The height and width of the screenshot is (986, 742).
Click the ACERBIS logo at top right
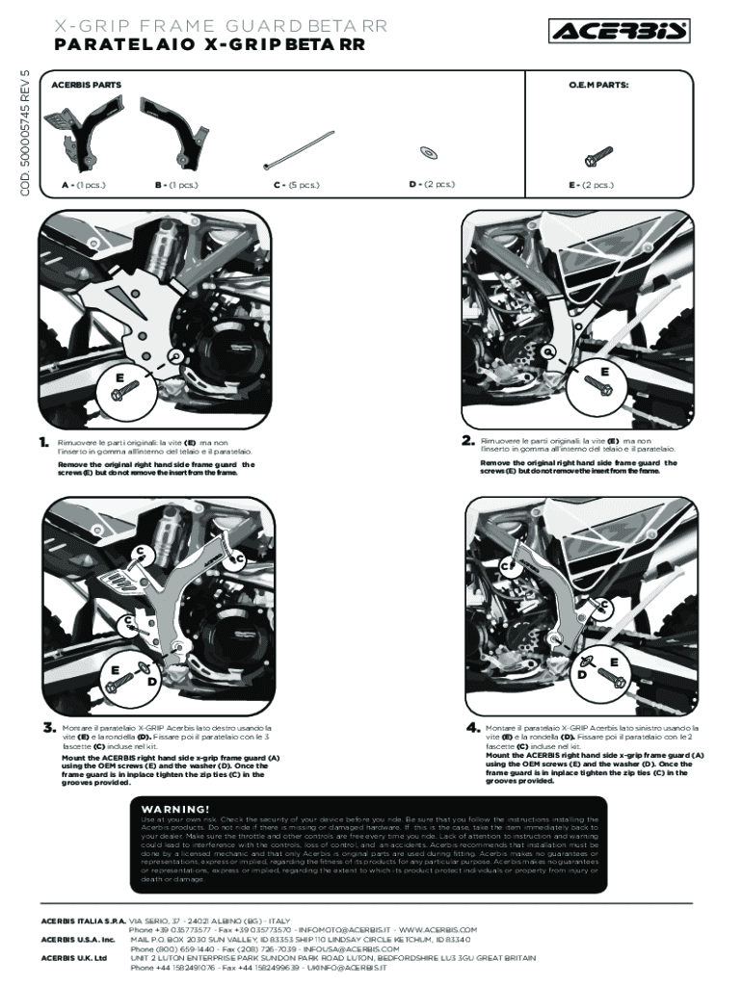pyautogui.click(x=620, y=32)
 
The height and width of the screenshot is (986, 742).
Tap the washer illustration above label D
pyautogui.click(x=426, y=151)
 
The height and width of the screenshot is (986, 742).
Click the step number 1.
pyautogui.click(x=44, y=444)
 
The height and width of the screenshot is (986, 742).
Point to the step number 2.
pyautogui.click(x=467, y=440)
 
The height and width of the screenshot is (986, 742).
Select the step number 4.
pyautogui.click(x=472, y=728)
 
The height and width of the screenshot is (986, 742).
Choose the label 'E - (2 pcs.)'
pyautogui.click(x=591, y=184)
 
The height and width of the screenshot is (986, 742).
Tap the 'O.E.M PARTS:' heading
pyautogui.click(x=598, y=85)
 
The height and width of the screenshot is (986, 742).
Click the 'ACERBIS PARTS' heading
pyautogui.click(x=92, y=85)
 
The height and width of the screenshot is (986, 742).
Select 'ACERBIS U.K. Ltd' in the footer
pyautogui.click(x=73, y=958)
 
